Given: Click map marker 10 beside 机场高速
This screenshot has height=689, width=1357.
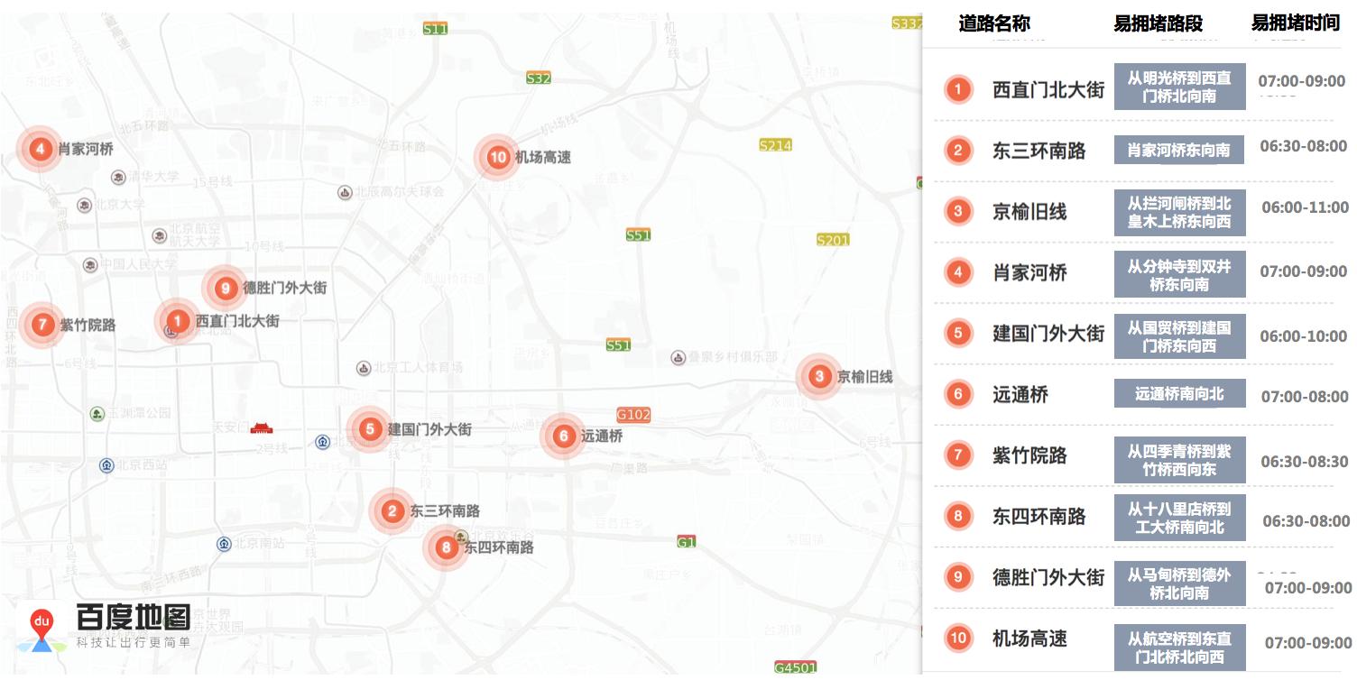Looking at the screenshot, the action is pos(498,158).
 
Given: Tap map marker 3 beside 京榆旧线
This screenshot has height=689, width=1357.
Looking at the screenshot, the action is pos(819,376).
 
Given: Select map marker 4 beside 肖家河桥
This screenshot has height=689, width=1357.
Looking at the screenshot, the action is pos(40,149).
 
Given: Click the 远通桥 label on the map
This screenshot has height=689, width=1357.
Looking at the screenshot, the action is pos(602,436).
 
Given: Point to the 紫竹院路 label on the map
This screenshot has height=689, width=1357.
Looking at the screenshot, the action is pos(88,325).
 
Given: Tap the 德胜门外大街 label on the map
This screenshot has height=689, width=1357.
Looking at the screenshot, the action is pos(284,289).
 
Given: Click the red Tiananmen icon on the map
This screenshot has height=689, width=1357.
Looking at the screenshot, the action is pos(261,427).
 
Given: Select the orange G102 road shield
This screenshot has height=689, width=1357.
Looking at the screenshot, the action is pos(633,415).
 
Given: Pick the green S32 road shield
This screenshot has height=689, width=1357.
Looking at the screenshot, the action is pos(539,78).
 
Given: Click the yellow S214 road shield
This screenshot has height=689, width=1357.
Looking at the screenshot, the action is pos(775,145).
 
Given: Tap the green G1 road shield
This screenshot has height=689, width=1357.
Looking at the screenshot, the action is pos(687,542).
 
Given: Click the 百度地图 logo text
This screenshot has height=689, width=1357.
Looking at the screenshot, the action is pos(133,618).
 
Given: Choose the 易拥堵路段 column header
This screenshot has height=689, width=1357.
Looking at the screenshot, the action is pos(1158,24).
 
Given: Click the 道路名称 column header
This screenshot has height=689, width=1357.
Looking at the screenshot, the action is pos(994,24).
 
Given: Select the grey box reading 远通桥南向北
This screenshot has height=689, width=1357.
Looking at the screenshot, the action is pos(1179,394).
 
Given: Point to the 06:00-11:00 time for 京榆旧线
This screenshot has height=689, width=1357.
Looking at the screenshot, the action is pos(1305,207).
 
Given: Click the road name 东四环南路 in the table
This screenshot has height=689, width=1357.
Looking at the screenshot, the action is pos(1039,517).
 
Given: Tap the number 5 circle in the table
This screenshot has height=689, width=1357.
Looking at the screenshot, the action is pos(958,333).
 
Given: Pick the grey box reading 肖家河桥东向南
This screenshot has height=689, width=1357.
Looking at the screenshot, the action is pos(1178,151).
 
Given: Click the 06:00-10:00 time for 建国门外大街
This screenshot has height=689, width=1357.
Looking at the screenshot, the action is pos(1303,335).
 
